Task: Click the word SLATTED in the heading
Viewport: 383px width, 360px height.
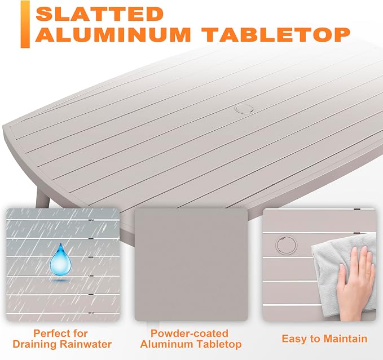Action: (100, 14)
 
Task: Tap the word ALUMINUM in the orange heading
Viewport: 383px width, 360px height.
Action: (113, 34)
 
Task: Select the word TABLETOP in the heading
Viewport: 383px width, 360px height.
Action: (278, 34)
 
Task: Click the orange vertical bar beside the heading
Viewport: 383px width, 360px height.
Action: (25, 24)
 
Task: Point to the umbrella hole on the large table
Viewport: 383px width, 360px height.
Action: (244, 109)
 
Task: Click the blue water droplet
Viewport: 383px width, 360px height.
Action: (60, 259)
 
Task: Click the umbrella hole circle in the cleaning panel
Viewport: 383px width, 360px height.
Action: (287, 245)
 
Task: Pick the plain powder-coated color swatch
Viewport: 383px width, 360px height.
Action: (191, 264)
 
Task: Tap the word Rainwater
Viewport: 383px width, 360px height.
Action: (86, 344)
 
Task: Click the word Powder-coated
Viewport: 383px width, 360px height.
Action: (190, 334)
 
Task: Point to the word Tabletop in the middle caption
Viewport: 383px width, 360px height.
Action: (219, 345)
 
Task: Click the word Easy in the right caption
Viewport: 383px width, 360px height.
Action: (292, 339)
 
